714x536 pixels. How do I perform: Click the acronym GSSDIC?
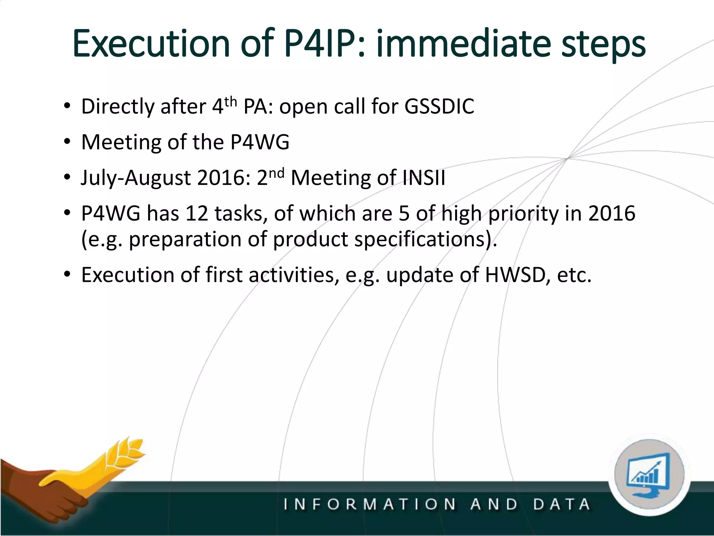[x=439, y=106]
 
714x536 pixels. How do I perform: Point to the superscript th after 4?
[x=230, y=102]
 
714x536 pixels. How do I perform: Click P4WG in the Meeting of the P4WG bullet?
[x=260, y=142]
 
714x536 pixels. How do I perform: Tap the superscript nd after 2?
[x=276, y=173]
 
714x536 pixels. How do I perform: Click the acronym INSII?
[x=424, y=178]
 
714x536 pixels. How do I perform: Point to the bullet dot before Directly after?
[x=67, y=106]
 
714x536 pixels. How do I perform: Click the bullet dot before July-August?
[x=67, y=178]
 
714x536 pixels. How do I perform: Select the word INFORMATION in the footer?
[x=370, y=504]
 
